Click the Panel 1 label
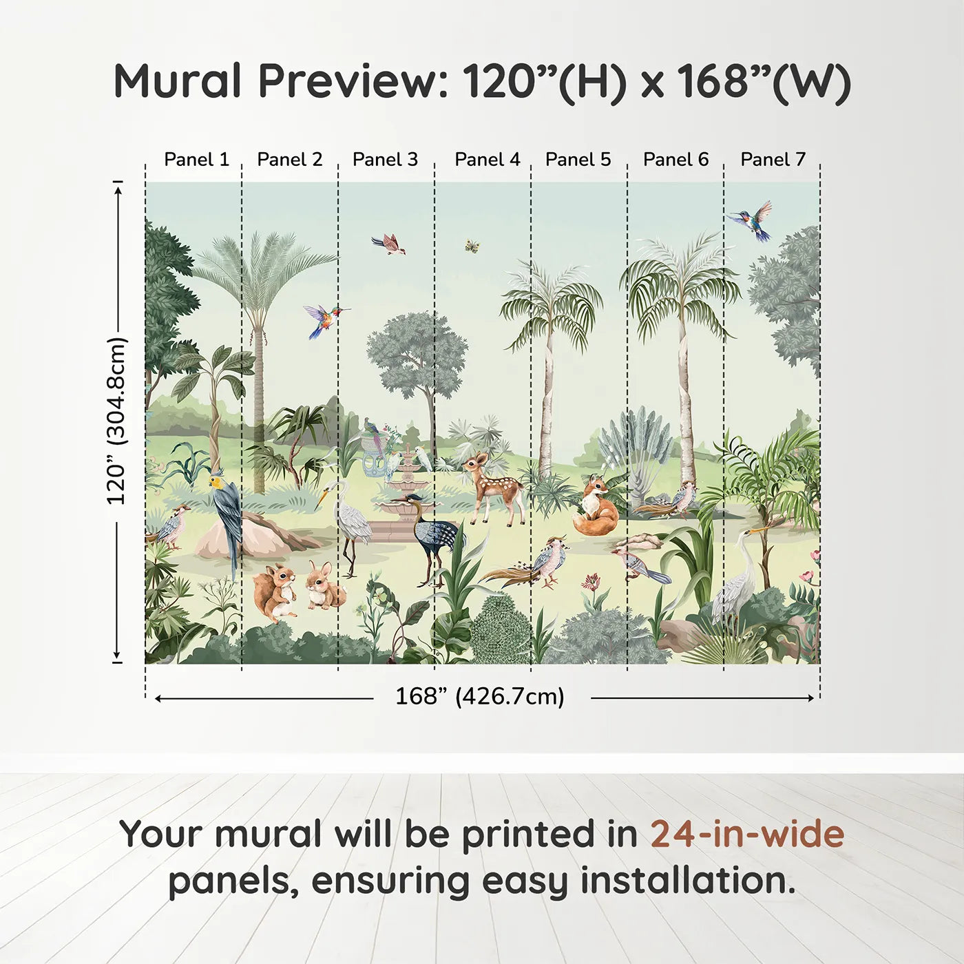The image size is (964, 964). pyautogui.click(x=196, y=160)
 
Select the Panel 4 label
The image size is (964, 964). pyautogui.click(x=487, y=160)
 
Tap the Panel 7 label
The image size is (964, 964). pyautogui.click(x=773, y=160)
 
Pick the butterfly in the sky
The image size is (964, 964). pyautogui.click(x=472, y=246)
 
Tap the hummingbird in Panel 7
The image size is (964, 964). pyautogui.click(x=753, y=220)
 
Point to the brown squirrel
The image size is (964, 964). pyautogui.click(x=274, y=590)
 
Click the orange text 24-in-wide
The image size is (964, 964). pyautogui.click(x=747, y=835)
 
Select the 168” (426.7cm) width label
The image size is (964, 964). pyautogui.click(x=480, y=697)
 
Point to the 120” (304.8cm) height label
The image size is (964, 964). pyautogui.click(x=117, y=421)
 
